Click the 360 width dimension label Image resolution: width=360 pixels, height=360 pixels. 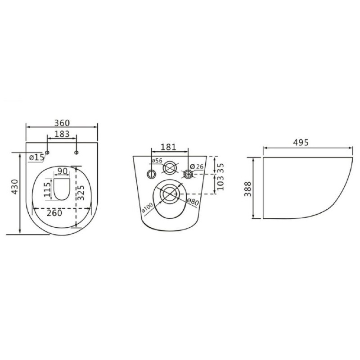62,123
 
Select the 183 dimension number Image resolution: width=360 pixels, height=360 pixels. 62,134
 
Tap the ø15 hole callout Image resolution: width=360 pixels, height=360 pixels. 37,157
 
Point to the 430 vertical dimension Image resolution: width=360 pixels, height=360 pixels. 15,187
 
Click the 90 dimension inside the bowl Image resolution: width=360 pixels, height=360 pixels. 62,171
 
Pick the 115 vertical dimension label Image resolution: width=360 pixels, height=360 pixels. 48,189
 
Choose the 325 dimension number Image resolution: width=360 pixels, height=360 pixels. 81,193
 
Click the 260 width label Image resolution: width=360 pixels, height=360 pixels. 54,213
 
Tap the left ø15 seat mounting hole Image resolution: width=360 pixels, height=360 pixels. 47,153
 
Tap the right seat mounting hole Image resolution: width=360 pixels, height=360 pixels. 76,153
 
